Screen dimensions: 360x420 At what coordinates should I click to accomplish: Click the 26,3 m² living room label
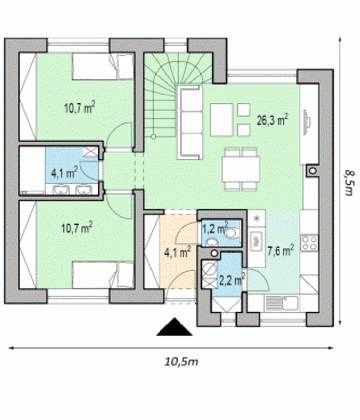[x=272, y=120]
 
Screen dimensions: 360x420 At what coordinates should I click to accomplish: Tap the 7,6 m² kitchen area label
[x=281, y=250]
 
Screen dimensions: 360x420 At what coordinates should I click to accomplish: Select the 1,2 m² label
[x=215, y=228]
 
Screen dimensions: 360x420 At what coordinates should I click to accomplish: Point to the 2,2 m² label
[x=232, y=280]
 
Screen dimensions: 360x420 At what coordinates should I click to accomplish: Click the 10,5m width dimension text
[x=181, y=362]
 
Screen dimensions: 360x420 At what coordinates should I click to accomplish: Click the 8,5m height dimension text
[x=349, y=183]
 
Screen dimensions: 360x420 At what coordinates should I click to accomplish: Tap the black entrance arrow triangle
[x=174, y=326]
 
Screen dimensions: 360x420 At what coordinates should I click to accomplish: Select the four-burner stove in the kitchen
[x=309, y=243]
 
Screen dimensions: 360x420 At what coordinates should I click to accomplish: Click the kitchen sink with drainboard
[x=281, y=303]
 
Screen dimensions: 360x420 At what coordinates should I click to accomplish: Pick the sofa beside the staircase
[x=190, y=122]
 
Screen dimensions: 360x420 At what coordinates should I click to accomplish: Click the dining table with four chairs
[x=241, y=170]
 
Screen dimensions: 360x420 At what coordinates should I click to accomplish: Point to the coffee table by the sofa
[x=222, y=120]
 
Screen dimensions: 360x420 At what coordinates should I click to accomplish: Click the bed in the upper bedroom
[x=103, y=66]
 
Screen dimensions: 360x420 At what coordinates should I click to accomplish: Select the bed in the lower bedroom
[x=103, y=275]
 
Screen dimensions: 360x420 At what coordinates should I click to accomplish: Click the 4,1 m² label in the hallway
[x=177, y=252]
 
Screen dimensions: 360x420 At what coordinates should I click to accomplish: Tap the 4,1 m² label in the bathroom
[x=64, y=172]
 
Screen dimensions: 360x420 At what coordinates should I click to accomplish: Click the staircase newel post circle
[x=153, y=137]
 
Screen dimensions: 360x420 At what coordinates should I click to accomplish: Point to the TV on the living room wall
[x=307, y=122]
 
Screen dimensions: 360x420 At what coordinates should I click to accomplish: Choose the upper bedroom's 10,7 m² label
[x=80, y=107]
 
